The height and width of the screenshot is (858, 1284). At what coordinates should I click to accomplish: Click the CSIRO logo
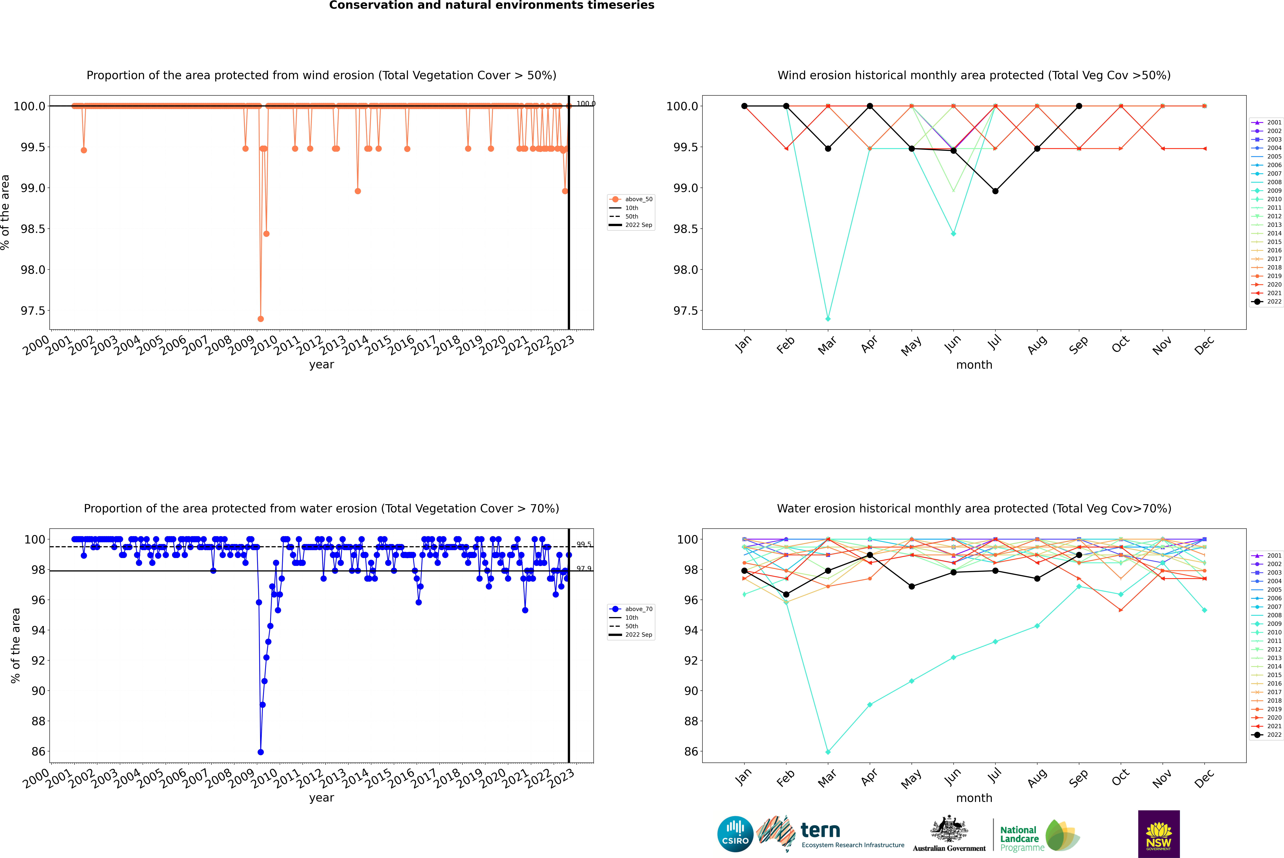click(735, 834)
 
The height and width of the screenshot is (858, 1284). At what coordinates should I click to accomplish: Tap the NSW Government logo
click(1159, 834)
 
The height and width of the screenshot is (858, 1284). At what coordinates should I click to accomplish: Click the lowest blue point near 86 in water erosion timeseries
click(261, 752)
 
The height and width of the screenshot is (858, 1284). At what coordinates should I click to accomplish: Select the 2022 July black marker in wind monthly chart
click(995, 191)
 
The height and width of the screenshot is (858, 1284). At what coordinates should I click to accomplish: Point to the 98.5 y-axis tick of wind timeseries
click(33, 229)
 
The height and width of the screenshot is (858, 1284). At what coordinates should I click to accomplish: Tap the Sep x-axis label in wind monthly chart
click(1078, 345)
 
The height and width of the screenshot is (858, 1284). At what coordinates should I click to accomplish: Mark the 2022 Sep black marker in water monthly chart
click(1079, 555)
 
